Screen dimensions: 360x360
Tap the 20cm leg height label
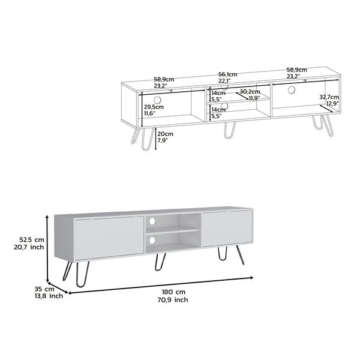[x=165, y=134]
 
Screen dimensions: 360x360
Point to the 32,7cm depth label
[x=329, y=97]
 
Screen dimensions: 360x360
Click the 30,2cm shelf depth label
[x=250, y=91]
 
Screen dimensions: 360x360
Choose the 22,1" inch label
[x=224, y=81]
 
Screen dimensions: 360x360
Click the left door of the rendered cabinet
[x=109, y=238]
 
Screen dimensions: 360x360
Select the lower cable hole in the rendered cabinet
[x=152, y=240]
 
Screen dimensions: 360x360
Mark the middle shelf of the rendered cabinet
[x=173, y=230]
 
